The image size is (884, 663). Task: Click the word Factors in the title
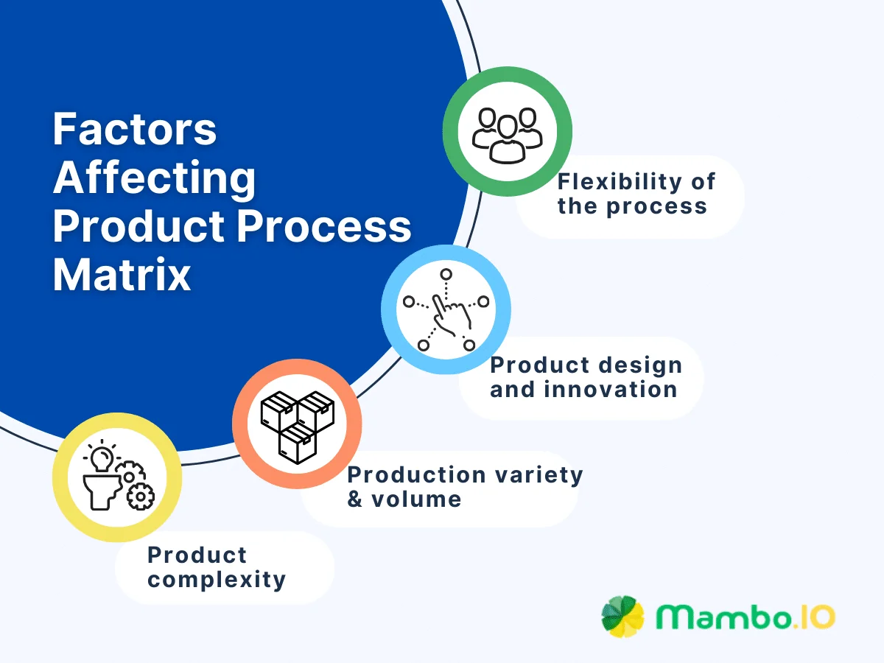click(x=135, y=130)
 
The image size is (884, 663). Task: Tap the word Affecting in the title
click(x=155, y=178)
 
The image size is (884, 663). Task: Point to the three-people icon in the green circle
click(x=507, y=134)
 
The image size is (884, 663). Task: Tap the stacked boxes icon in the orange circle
click(x=297, y=426)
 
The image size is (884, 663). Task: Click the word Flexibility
click(x=619, y=181)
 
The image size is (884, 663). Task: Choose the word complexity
click(x=217, y=580)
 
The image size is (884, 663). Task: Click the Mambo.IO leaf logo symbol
click(x=622, y=616)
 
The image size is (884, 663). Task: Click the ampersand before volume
click(x=355, y=499)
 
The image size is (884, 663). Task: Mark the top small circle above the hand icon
click(x=445, y=275)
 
